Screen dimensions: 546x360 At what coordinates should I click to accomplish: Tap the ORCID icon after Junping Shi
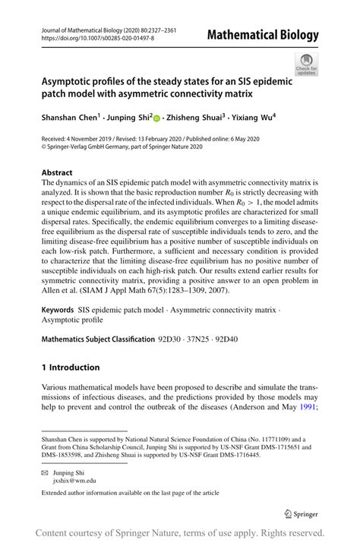157,119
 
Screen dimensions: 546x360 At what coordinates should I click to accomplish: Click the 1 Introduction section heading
71,368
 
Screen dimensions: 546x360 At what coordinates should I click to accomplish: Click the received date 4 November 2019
96,140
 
